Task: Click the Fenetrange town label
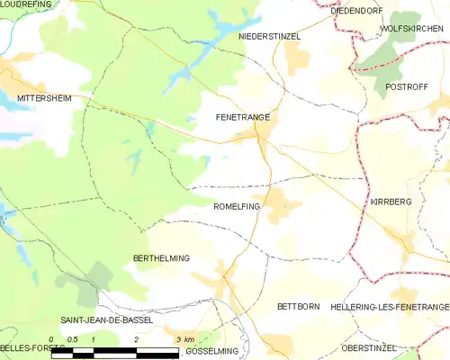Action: [x=243, y=117]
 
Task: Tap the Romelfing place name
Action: [x=237, y=206]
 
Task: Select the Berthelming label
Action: [x=161, y=258]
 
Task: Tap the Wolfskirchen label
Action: [x=414, y=29]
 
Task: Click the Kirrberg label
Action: [x=391, y=202]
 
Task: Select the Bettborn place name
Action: [x=298, y=306]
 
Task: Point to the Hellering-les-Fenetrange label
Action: [x=390, y=307]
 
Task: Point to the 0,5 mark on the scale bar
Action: [x=73, y=338]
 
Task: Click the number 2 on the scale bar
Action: [x=135, y=338]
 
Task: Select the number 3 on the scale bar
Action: [x=177, y=338]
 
